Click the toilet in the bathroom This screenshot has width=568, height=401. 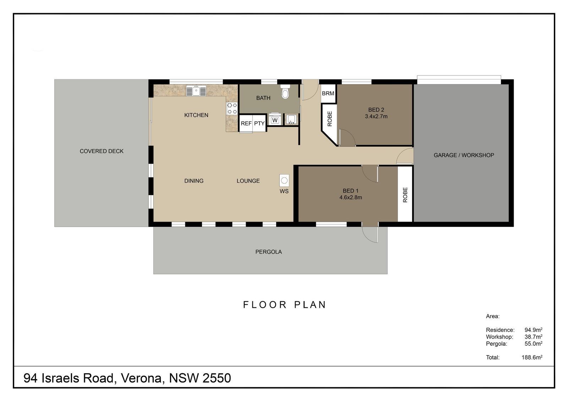pyautogui.click(x=285, y=91)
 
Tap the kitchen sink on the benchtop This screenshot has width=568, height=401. pyautogui.click(x=196, y=91)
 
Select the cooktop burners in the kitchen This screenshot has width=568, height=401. pyautogui.click(x=232, y=108)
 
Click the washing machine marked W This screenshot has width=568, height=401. pyautogui.click(x=275, y=120)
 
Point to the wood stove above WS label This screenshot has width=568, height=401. pyautogui.click(x=284, y=180)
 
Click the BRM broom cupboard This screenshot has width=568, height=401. pyautogui.click(x=328, y=93)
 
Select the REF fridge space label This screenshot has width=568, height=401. pyautogui.click(x=246, y=123)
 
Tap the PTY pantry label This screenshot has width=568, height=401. pyautogui.click(x=259, y=123)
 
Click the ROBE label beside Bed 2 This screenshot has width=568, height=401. pyautogui.click(x=330, y=118)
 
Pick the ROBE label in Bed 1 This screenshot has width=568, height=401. pyautogui.click(x=405, y=195)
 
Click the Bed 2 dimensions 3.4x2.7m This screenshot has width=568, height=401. pyautogui.click(x=376, y=117)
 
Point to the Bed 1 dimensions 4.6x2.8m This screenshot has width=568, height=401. pyautogui.click(x=351, y=197)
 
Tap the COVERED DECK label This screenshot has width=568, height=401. pyautogui.click(x=102, y=151)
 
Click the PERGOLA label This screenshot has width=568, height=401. pyautogui.click(x=268, y=252)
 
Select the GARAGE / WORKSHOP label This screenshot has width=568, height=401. pyautogui.click(x=464, y=155)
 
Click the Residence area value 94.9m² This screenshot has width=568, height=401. pyautogui.click(x=533, y=330)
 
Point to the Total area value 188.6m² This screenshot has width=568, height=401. pyautogui.click(x=532, y=357)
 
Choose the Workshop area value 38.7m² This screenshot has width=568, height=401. pyautogui.click(x=533, y=336)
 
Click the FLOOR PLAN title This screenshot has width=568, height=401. pyautogui.click(x=284, y=305)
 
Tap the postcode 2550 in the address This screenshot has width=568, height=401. pyautogui.click(x=217, y=378)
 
